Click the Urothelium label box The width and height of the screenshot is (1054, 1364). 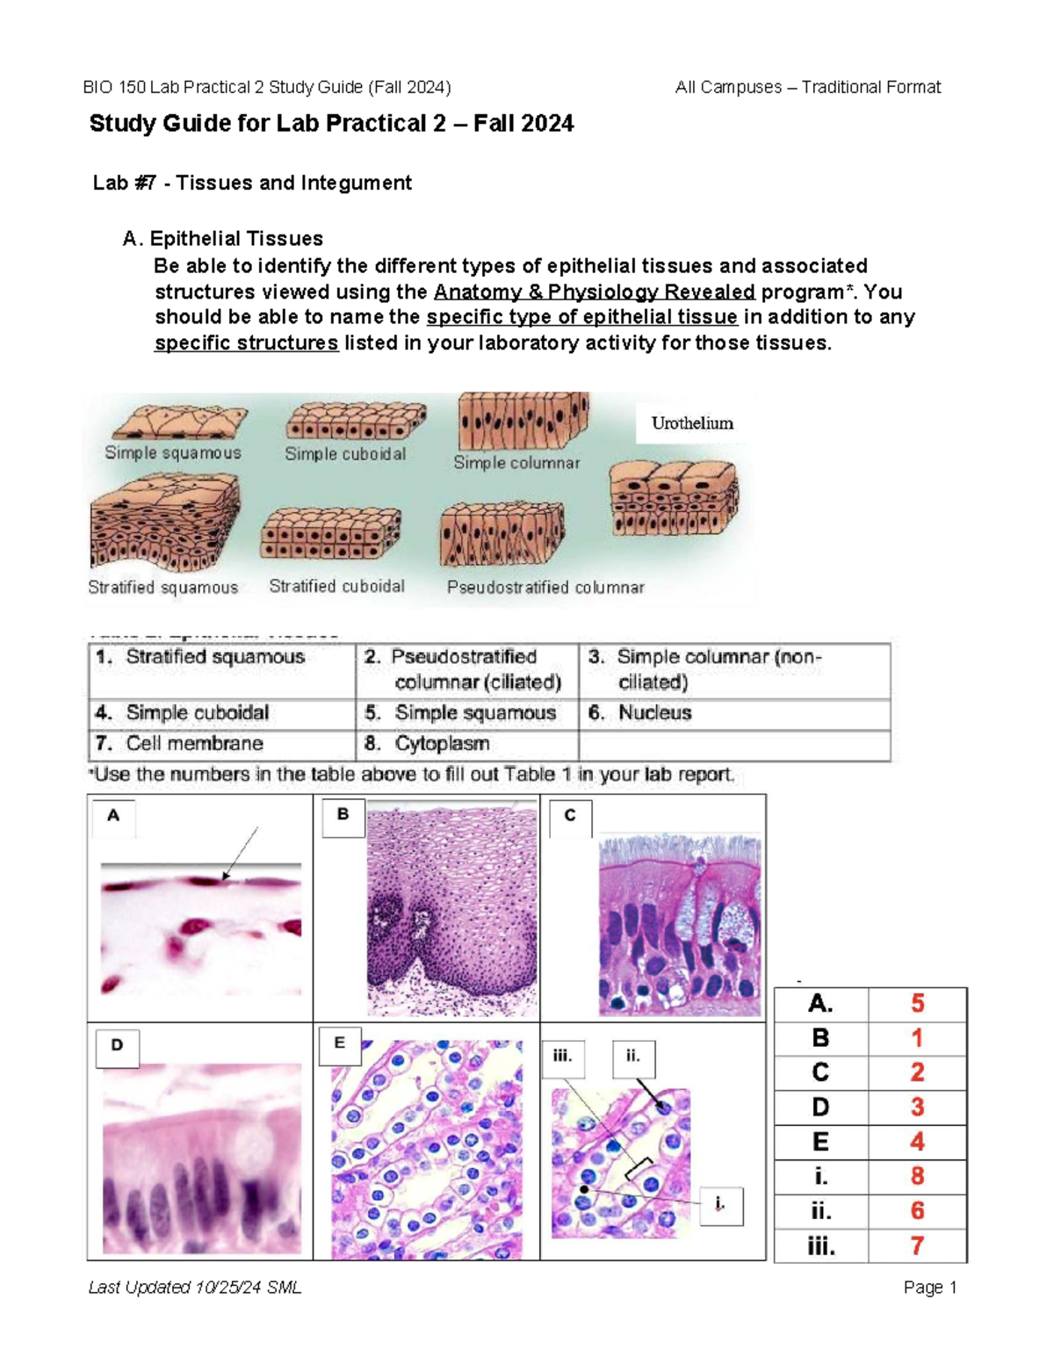pos(691,423)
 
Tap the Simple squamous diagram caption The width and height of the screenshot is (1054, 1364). pos(173,453)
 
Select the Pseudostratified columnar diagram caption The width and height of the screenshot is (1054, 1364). pos(545,588)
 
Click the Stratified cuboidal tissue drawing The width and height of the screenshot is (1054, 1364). pos(330,534)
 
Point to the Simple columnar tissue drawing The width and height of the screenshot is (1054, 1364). pos(523,421)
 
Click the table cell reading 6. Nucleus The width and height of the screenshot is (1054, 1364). pos(654,713)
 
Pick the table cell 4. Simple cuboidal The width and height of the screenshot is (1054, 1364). pos(198,713)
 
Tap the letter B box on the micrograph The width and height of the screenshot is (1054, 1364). pos(343,815)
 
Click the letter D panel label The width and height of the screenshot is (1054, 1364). pos(117,1045)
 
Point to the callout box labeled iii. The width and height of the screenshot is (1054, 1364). pos(563,1057)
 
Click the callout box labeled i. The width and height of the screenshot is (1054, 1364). pos(720,1205)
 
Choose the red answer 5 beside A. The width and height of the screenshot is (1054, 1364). pos(917,1004)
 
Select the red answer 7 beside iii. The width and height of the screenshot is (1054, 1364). pos(917,1245)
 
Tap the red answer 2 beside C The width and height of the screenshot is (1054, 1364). pos(917,1072)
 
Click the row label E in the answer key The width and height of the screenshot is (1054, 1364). pos(820,1142)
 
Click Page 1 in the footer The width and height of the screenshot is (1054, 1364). pos(929,1288)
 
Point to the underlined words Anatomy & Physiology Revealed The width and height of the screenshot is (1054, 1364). pos(595,292)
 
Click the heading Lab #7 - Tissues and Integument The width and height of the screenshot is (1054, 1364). pos(252,183)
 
